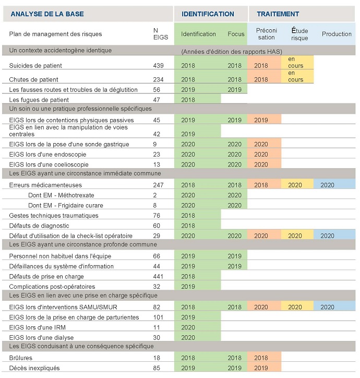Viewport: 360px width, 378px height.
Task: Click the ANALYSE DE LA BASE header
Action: pos(47,14)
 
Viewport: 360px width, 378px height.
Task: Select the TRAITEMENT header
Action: pos(278,14)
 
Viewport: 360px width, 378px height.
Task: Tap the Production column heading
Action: pos(337,34)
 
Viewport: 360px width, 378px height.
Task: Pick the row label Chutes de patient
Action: pos(41,79)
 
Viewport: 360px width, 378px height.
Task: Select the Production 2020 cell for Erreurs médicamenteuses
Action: pos(327,185)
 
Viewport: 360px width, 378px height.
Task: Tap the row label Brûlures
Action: pos(21,358)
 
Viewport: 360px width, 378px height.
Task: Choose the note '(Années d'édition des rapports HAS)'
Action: pos(232,52)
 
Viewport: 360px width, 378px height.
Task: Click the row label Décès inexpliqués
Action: pos(34,368)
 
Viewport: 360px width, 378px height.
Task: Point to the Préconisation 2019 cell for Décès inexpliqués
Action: pos(260,368)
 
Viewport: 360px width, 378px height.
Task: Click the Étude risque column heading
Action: pos(299,34)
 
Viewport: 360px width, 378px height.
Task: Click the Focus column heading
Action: pos(236,34)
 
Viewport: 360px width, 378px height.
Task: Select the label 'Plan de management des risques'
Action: pos(56,34)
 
